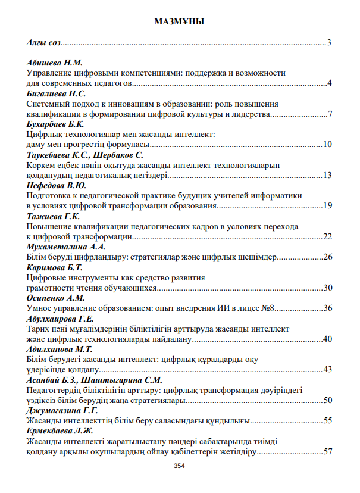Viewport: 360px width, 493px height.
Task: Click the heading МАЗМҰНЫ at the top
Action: (179, 22)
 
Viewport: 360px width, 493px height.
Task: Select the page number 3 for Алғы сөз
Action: (329, 43)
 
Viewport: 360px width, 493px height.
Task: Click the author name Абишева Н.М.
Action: (55, 63)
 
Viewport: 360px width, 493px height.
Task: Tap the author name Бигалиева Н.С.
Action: (57, 94)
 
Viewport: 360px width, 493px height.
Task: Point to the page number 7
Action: (329, 114)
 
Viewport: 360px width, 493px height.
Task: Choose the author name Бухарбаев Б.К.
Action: (56, 124)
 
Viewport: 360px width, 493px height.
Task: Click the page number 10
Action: (327, 145)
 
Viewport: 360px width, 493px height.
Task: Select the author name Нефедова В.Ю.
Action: (57, 186)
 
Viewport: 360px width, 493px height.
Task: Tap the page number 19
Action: (327, 206)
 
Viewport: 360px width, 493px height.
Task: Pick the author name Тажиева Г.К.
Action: (53, 217)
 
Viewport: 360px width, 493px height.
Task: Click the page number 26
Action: (327, 257)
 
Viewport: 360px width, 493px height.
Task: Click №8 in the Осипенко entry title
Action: (271, 308)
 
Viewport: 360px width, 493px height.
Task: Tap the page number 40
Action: (327, 339)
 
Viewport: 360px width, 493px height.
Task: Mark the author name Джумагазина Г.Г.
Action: (62, 411)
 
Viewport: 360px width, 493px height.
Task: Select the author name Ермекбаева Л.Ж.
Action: (60, 431)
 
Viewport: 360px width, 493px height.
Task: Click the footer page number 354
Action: (179, 466)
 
